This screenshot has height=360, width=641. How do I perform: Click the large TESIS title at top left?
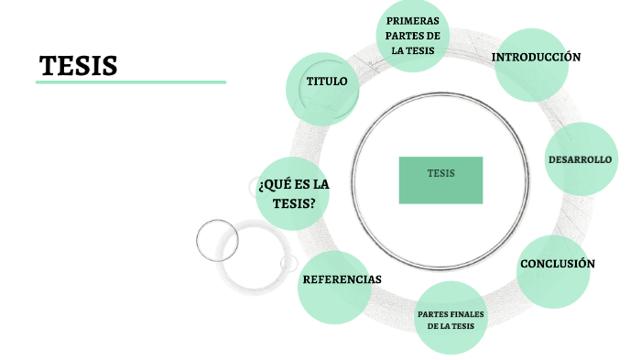pos(79,65)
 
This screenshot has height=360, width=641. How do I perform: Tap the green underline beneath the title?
pos(130,82)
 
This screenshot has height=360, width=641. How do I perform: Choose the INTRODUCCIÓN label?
pos(536,57)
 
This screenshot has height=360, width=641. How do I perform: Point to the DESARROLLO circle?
pos(580,159)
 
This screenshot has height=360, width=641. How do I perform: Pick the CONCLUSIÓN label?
pos(557,264)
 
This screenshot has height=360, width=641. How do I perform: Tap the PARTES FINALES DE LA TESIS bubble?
pos(451,320)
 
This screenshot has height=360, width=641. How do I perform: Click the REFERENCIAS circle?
pos(342,278)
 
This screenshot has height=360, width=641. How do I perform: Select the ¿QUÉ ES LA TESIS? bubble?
pos(292,193)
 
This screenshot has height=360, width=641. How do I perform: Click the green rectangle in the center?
pos(440,180)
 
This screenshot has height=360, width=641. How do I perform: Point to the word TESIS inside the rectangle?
pos(440,172)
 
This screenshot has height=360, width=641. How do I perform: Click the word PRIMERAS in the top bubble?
pos(412,20)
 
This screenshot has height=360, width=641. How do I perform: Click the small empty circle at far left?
pos(217,240)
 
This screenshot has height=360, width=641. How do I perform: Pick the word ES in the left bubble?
pos(302,184)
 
